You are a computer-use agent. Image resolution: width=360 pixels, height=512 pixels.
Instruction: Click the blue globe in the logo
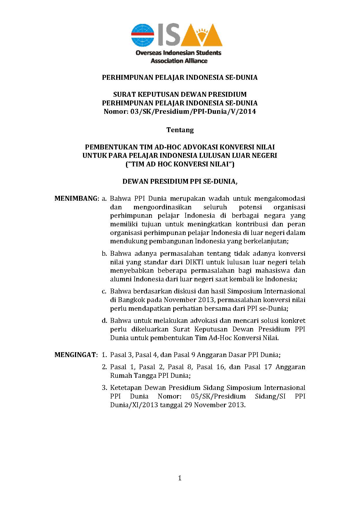143,35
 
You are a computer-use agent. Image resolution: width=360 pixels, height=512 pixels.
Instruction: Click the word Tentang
180,130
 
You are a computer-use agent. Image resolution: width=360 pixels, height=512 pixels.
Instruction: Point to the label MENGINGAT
76,355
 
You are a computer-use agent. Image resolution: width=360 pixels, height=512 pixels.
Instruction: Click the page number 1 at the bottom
180,478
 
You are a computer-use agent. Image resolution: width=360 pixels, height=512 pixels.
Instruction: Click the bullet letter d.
104,321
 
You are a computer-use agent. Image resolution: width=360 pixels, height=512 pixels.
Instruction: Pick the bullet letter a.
104,199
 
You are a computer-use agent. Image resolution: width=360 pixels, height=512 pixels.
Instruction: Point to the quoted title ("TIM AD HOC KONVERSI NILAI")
180,164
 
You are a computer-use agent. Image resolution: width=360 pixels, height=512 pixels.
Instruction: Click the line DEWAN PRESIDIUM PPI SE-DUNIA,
180,182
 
